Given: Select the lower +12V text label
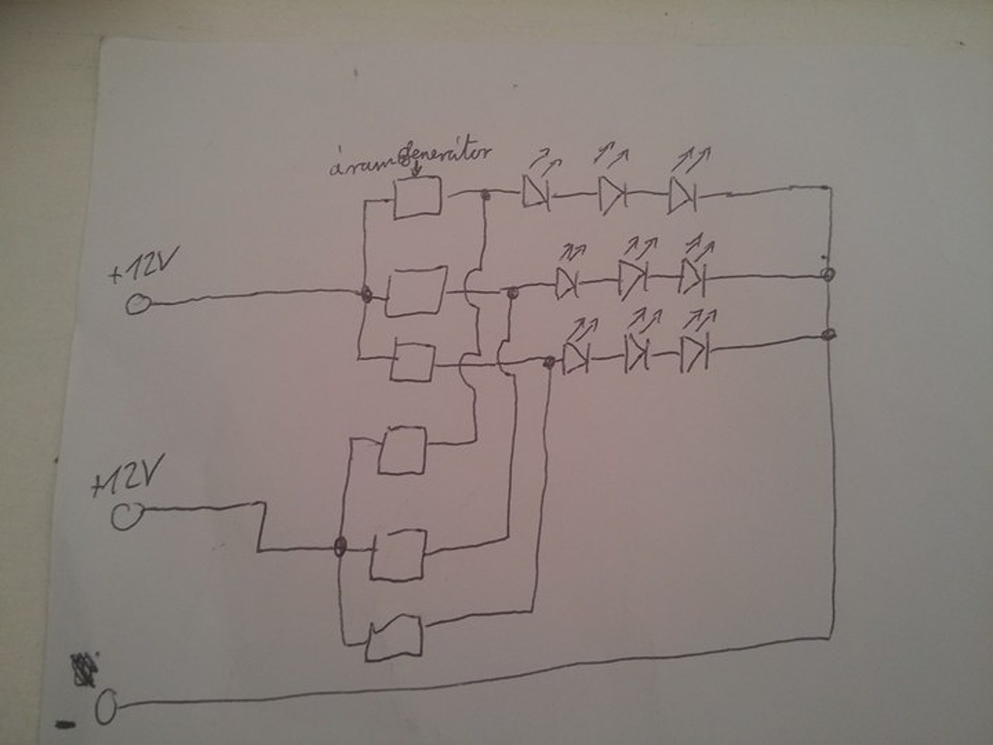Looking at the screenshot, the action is [125, 484].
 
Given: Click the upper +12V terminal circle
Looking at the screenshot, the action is [139, 304].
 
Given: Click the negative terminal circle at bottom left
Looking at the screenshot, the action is [107, 707].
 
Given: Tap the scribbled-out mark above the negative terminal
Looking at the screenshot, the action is [82, 669].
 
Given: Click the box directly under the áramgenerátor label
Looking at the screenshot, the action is [418, 197].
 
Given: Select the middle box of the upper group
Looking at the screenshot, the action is [416, 293].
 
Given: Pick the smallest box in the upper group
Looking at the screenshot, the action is [412, 361].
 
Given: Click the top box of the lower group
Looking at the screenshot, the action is [403, 449].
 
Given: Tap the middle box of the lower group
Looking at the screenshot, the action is [398, 555].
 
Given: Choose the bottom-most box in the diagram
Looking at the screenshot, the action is [396, 636].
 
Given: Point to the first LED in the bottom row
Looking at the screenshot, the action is [576, 357].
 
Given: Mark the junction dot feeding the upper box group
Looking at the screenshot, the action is [365, 295].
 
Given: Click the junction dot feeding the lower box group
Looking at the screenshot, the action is [339, 548].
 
